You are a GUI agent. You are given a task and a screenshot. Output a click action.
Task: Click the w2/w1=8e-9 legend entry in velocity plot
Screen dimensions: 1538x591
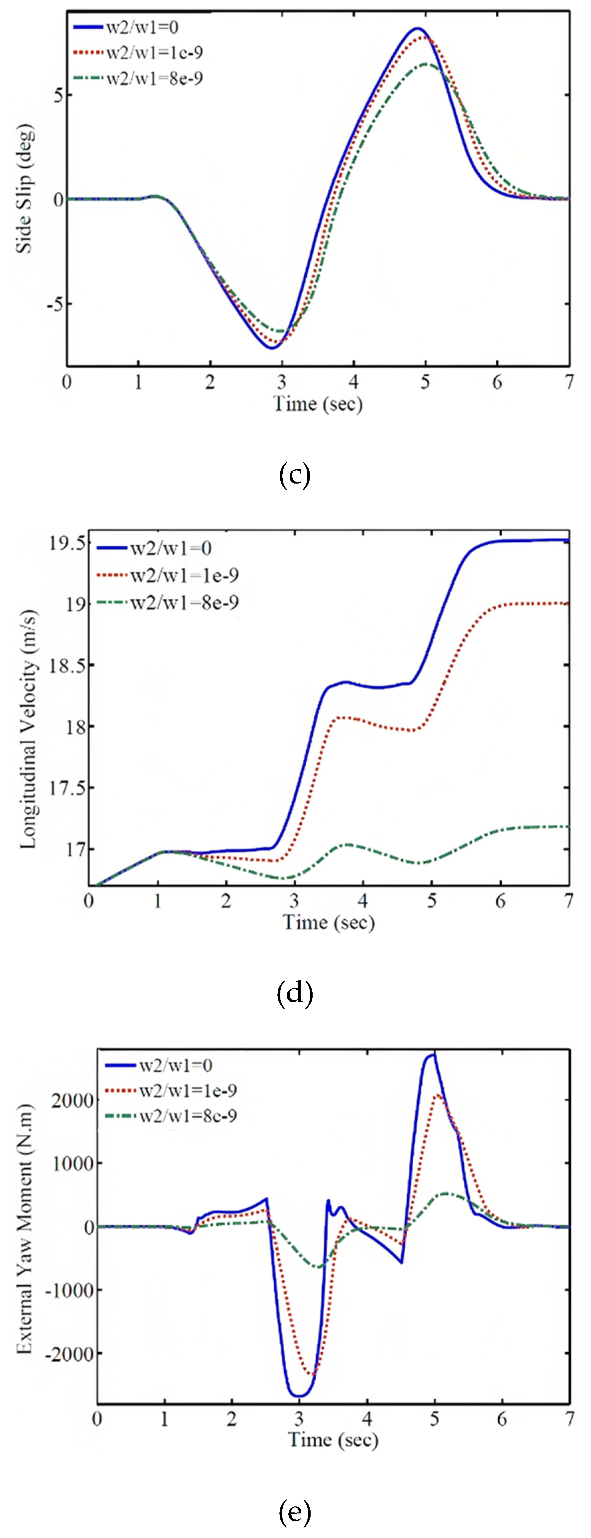[184, 602]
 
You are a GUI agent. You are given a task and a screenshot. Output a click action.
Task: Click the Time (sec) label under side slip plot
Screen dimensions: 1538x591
[318, 404]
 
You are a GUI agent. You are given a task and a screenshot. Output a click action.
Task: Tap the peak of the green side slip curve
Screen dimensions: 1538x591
[426, 64]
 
